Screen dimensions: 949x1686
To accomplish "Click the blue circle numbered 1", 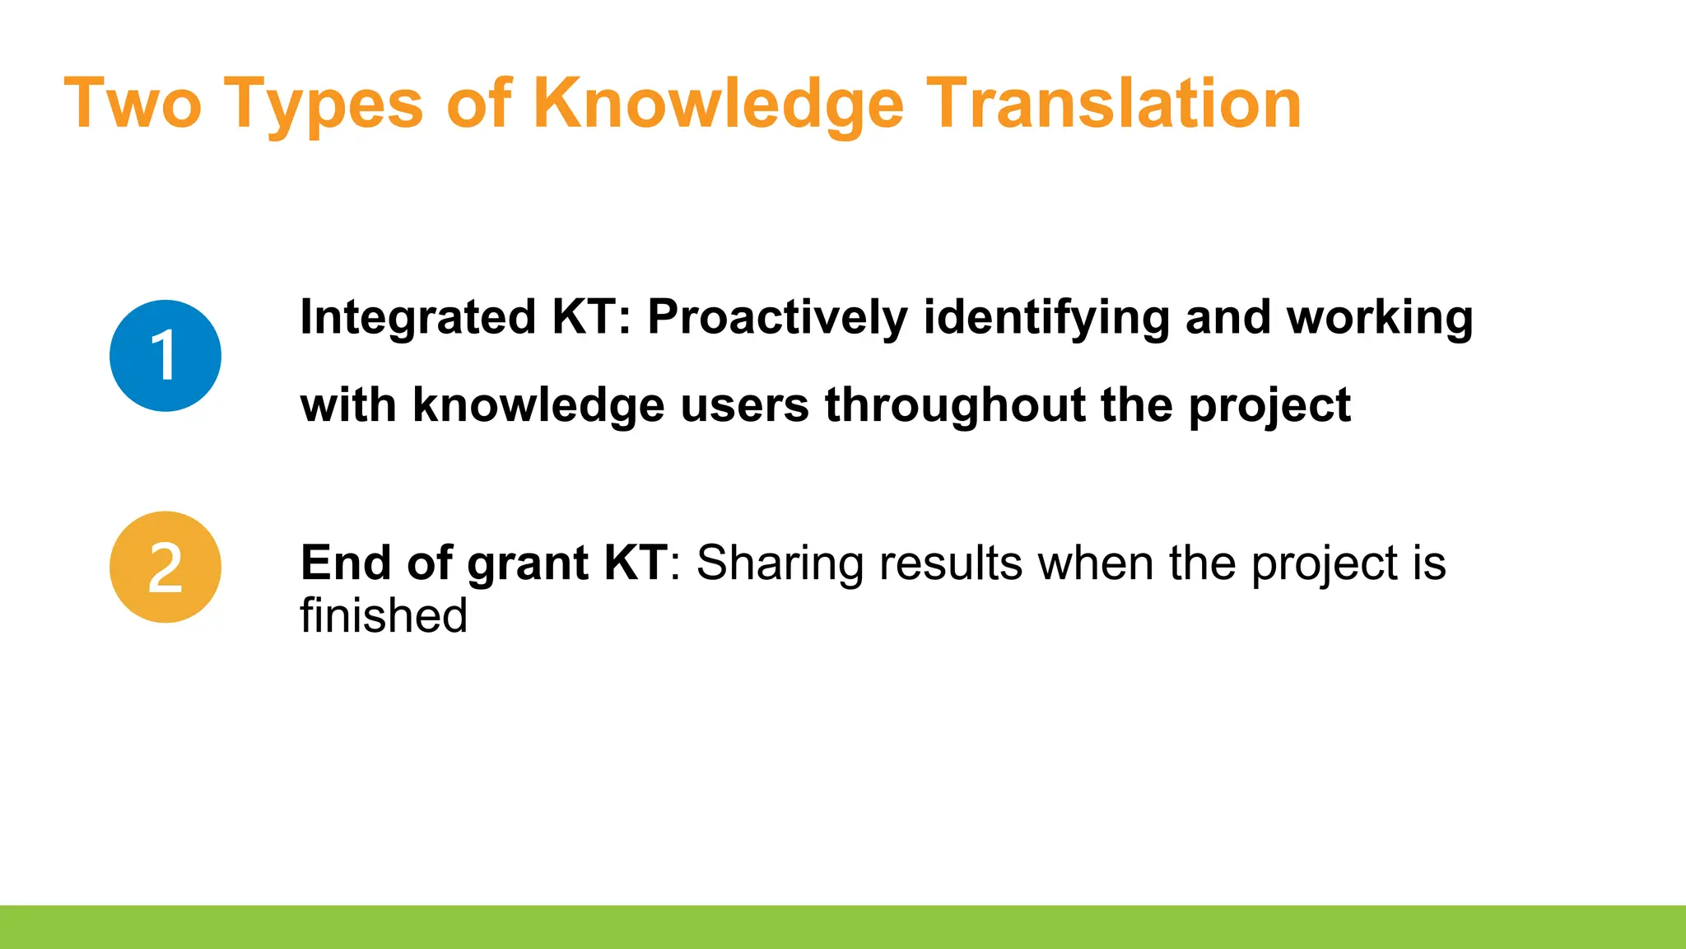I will tap(165, 355).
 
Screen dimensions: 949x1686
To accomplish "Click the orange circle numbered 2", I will tap(165, 567).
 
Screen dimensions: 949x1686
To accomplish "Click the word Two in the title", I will tap(132, 104).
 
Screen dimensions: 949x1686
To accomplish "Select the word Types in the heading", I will tap(323, 105).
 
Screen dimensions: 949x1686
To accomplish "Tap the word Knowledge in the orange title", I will tap(718, 105).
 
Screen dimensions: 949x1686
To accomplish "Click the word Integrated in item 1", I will tap(418, 318).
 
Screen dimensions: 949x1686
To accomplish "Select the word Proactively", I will tap(777, 318).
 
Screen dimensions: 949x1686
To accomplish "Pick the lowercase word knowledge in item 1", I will tap(538, 406).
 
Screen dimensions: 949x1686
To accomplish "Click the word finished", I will tap(384, 616).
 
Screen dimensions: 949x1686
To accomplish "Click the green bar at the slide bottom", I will tap(843, 927).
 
